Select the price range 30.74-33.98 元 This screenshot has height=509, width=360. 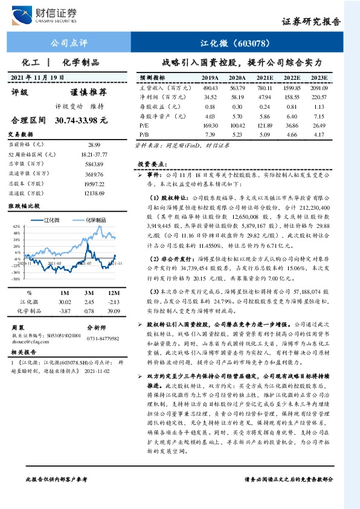click(81, 121)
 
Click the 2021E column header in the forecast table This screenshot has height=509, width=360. click(265, 79)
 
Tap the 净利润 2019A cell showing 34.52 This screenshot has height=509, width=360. click(210, 97)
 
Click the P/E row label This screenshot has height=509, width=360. click(144, 125)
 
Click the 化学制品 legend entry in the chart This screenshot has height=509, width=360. click(96, 220)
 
